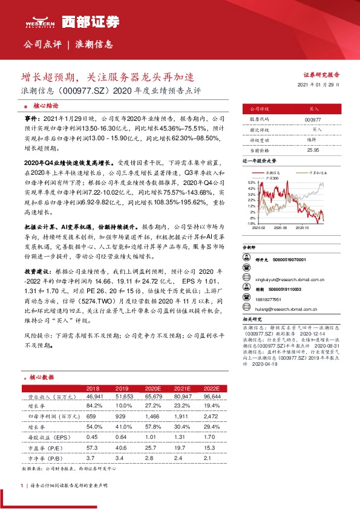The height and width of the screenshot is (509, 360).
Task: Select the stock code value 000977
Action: pyautogui.click(x=313, y=120)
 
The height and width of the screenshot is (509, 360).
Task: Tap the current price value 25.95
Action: pyautogui.click(x=313, y=149)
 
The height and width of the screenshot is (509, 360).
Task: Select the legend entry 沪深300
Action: pyautogui.click(x=272, y=177)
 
